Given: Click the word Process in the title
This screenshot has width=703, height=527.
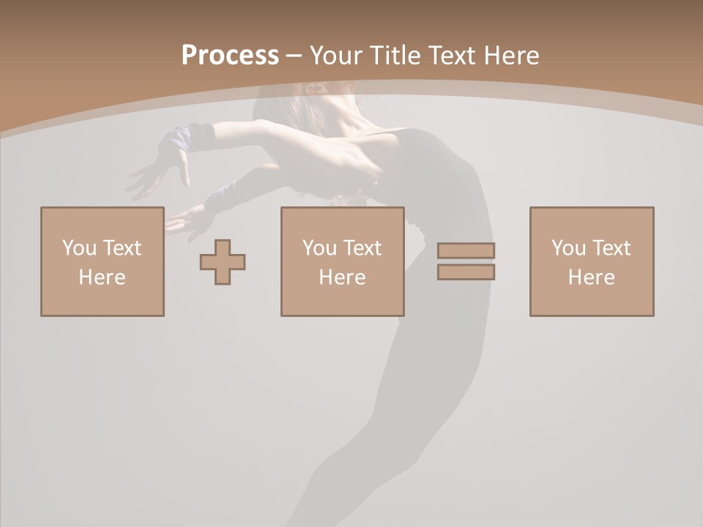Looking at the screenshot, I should click(230, 56).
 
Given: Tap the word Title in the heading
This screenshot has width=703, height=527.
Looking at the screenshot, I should click(395, 56).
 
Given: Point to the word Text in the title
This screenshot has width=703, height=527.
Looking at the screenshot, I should click(455, 56).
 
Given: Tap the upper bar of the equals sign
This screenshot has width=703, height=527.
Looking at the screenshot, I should click(466, 250).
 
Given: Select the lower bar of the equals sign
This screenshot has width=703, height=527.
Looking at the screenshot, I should click(466, 272).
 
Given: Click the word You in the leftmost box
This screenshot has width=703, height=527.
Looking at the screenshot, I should click(78, 248).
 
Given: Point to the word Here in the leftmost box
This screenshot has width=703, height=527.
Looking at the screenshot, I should click(102, 277).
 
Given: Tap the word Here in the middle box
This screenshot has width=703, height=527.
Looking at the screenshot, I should click(342, 277).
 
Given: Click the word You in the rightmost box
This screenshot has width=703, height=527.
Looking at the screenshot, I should click(568, 248).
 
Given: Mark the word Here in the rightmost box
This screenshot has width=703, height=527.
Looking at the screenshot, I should click(591, 277).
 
